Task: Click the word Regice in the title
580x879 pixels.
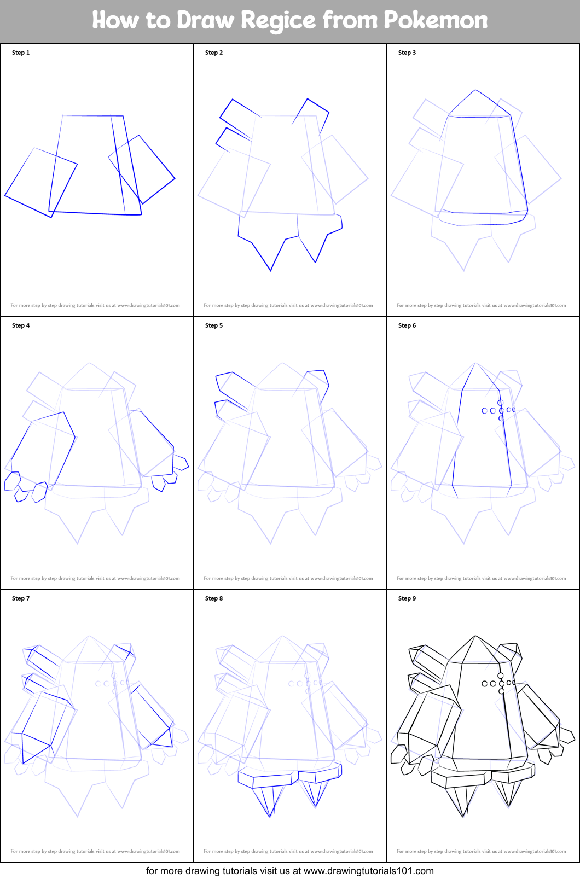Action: click(x=278, y=21)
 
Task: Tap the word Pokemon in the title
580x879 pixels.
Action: click(x=436, y=20)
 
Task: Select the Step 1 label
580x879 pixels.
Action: click(x=21, y=53)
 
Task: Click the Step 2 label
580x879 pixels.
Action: click(x=214, y=53)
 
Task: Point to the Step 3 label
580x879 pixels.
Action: click(x=407, y=53)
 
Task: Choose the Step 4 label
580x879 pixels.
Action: click(x=21, y=325)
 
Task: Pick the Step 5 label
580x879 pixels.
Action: click(x=214, y=325)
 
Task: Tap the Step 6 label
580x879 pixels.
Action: click(x=407, y=325)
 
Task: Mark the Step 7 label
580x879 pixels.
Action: click(x=21, y=598)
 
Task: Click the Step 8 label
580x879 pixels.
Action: click(x=214, y=598)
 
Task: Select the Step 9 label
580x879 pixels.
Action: click(x=407, y=598)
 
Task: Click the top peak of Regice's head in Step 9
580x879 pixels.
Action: click(x=475, y=636)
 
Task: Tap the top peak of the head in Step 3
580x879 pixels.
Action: click(x=475, y=90)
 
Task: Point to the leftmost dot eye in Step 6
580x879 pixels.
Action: click(x=484, y=411)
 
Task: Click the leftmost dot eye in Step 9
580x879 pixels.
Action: click(x=484, y=684)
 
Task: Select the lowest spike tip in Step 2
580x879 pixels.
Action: click(x=270, y=271)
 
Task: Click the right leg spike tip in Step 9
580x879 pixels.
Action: click(x=508, y=807)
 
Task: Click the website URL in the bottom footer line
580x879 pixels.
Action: click(x=368, y=871)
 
